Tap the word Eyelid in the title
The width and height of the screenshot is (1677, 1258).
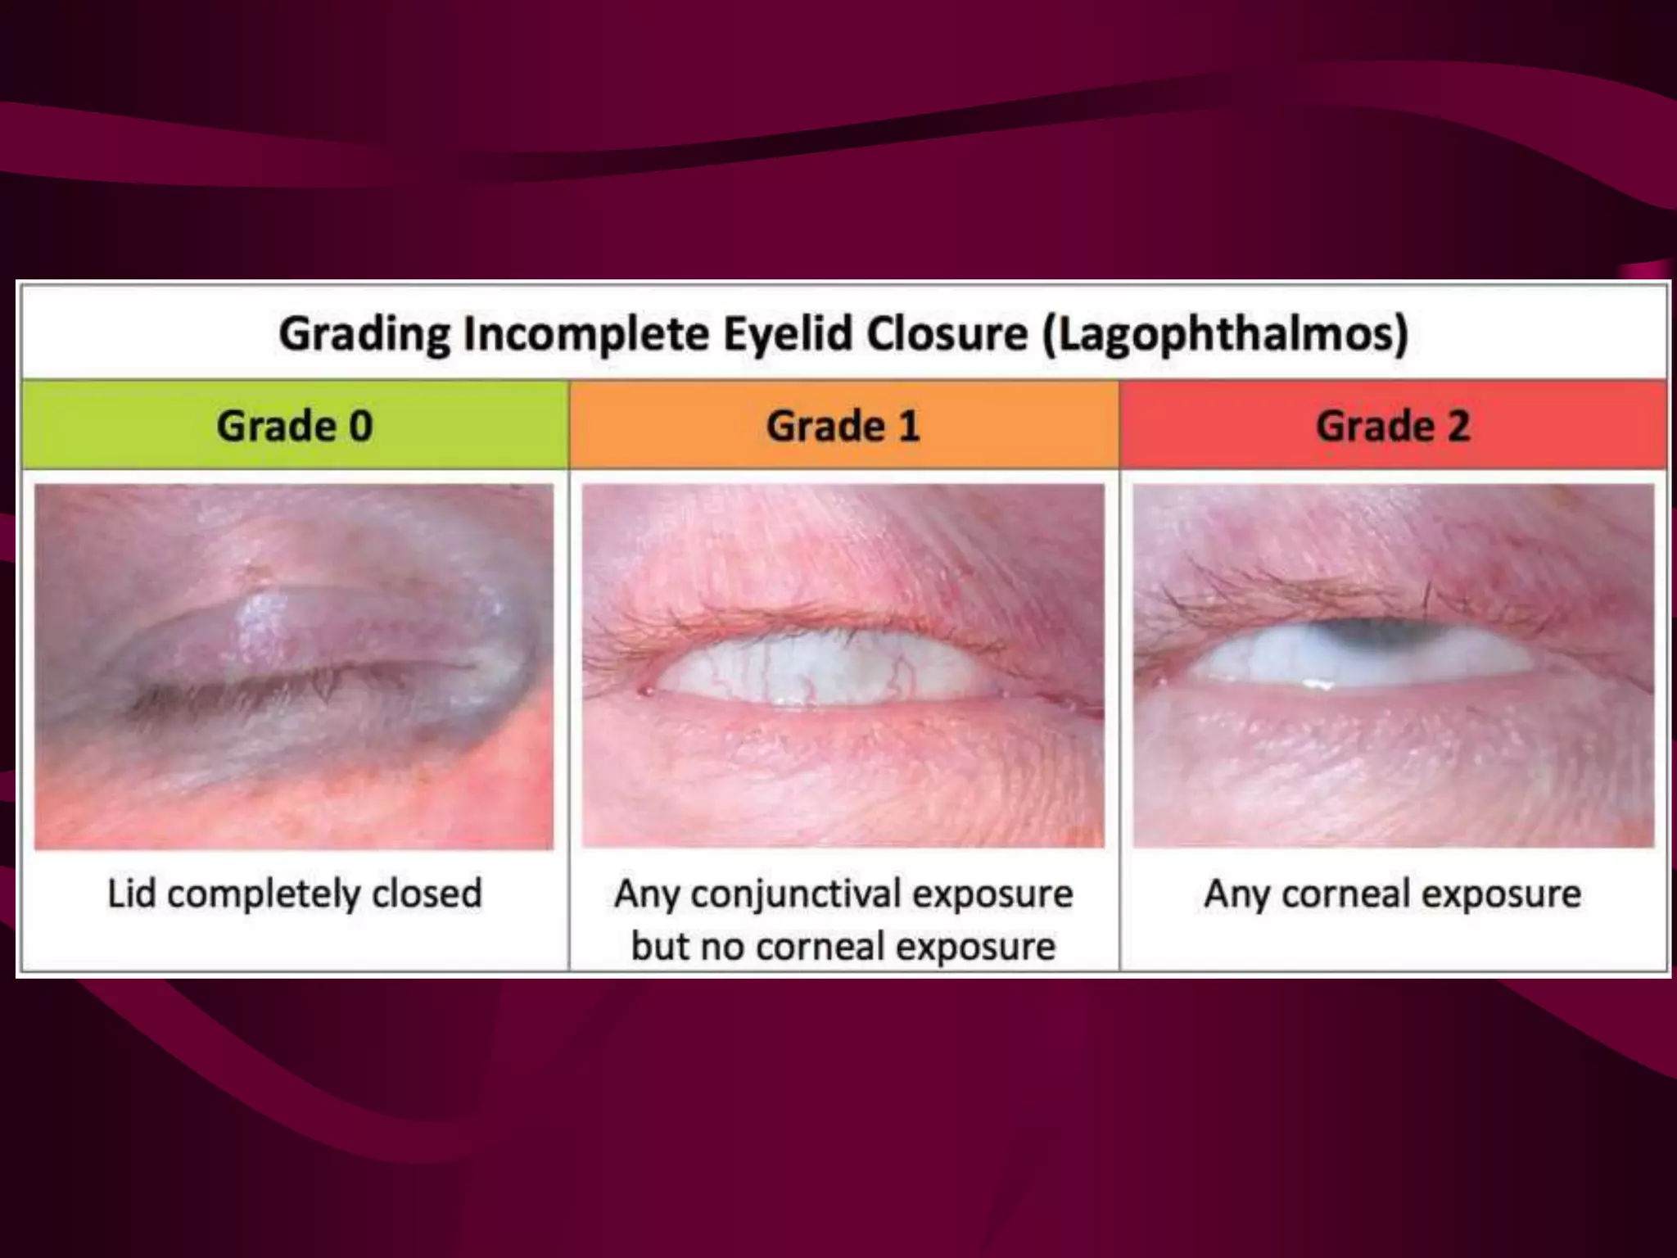pos(787,333)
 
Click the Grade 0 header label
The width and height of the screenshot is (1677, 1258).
pos(295,426)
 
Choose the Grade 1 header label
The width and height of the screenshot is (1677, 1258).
pos(843,426)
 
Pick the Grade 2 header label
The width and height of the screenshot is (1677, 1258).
pos(1393,426)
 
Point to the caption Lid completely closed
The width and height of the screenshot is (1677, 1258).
pos(295,894)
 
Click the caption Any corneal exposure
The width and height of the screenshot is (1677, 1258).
pos(1392,894)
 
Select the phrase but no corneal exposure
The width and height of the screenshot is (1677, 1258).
pos(843,946)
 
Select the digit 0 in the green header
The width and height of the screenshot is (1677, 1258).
pos(361,426)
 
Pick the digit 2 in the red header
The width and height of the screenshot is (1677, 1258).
pos(1458,426)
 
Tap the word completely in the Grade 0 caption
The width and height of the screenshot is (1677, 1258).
pos(265,894)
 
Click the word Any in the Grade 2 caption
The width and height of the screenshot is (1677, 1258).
pos(1237,894)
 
